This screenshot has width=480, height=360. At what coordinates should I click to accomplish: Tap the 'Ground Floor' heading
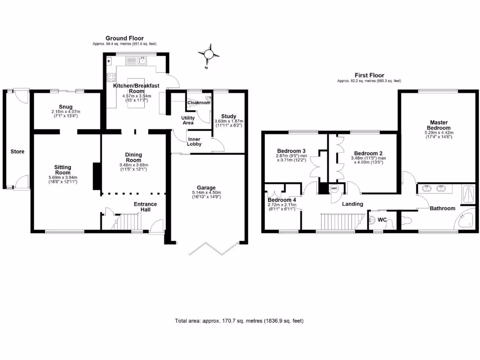(x=124, y=38)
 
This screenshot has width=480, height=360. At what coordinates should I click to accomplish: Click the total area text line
(x=240, y=321)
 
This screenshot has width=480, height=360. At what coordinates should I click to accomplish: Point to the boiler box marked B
(x=109, y=61)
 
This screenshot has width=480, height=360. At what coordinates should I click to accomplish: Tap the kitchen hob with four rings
(x=112, y=78)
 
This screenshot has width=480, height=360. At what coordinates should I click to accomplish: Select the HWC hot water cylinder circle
(x=334, y=189)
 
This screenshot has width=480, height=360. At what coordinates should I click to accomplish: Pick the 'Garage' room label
(x=206, y=187)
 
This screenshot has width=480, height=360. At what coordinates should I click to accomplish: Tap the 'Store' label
(x=17, y=151)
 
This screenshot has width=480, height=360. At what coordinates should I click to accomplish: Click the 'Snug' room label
(x=66, y=106)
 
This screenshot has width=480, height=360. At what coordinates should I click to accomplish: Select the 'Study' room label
(x=229, y=116)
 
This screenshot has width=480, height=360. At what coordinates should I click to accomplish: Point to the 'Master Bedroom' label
(x=439, y=125)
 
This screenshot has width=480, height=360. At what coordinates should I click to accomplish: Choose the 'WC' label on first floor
(x=382, y=219)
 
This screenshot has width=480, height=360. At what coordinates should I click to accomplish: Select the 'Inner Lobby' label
(x=194, y=141)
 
